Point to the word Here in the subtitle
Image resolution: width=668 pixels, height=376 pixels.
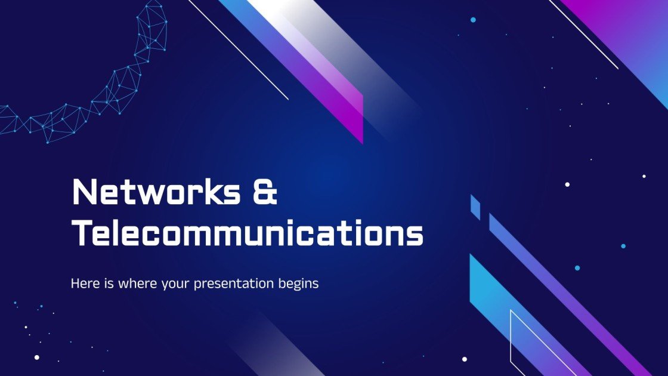click(x=85, y=283)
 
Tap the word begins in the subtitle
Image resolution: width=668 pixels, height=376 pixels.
click(x=298, y=284)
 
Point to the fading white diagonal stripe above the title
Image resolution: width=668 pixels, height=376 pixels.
click(x=334, y=54)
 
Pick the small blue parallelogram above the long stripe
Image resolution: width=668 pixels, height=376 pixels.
click(x=475, y=207)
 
